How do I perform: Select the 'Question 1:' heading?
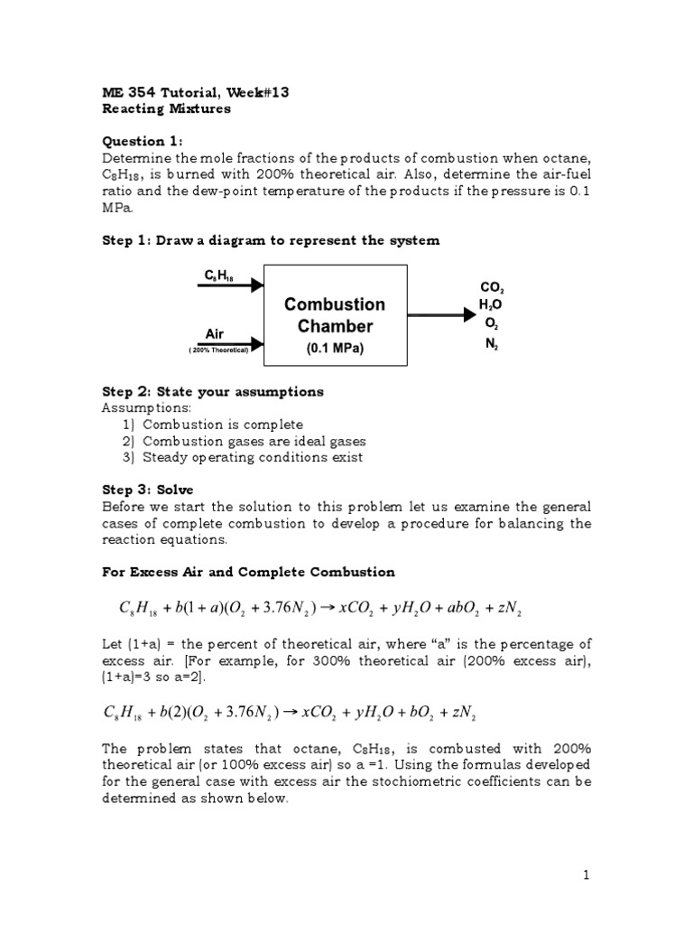pyautogui.click(x=143, y=141)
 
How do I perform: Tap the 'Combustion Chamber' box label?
pyautogui.click(x=335, y=315)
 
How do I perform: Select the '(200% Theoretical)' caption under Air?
pyautogui.click(x=218, y=350)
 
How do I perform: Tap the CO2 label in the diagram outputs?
pyautogui.click(x=493, y=287)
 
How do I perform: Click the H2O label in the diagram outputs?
pyautogui.click(x=491, y=306)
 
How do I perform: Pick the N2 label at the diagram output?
pyautogui.click(x=491, y=345)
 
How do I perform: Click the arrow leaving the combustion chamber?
pyautogui.click(x=441, y=315)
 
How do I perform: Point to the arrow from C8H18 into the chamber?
pyautogui.click(x=229, y=285)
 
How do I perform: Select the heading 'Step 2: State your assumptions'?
pyautogui.click(x=212, y=392)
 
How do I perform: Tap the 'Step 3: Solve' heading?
pyautogui.click(x=147, y=490)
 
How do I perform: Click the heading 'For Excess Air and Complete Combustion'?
pyautogui.click(x=248, y=572)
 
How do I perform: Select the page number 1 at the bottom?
pyautogui.click(x=586, y=874)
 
